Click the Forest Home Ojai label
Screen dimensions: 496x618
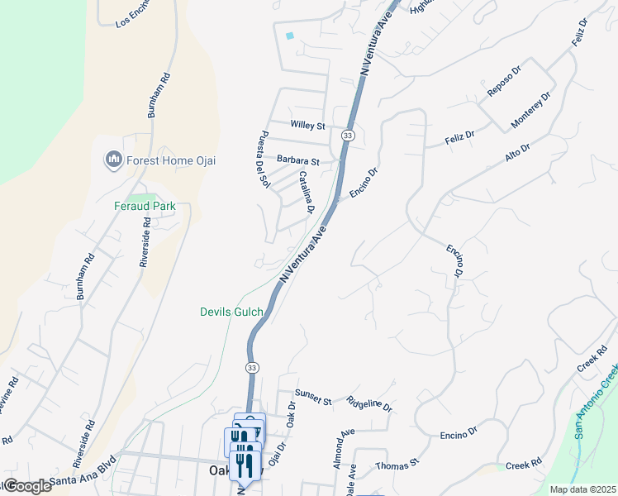pos(171,160)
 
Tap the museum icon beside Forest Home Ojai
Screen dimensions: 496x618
pos(113,159)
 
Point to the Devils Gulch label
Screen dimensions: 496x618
pos(231,312)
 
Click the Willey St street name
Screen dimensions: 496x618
pos(308,125)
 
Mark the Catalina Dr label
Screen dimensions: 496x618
pos(306,192)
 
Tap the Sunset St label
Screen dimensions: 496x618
pos(315,400)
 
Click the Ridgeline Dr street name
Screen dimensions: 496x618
pos(369,404)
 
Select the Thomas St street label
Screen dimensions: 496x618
pos(397,466)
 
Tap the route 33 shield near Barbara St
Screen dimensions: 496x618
pos(348,135)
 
